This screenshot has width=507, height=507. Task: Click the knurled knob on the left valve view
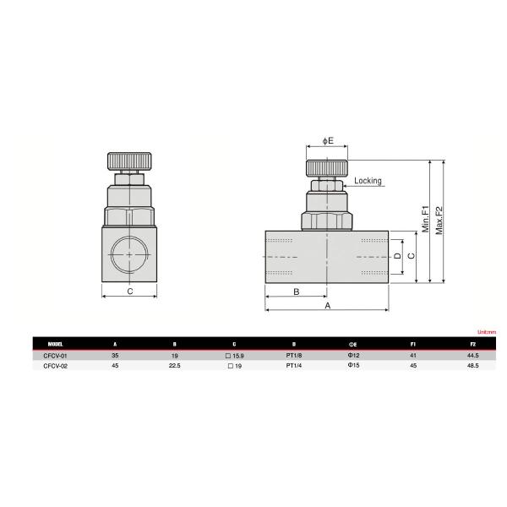click(128, 161)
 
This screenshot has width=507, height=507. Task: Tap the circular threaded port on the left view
click(128, 253)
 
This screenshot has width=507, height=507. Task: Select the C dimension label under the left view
click(129, 292)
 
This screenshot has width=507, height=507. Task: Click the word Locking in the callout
click(368, 181)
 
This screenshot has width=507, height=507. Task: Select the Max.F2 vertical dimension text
click(439, 218)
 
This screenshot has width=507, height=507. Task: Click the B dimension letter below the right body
click(296, 292)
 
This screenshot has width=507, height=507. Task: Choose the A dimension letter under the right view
click(327, 306)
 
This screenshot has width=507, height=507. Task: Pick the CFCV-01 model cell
click(54, 357)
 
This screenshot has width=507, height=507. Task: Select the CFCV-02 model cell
click(54, 367)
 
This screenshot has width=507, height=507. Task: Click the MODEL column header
click(57, 345)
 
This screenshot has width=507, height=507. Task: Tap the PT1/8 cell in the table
click(294, 357)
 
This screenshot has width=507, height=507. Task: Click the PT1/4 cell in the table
click(294, 367)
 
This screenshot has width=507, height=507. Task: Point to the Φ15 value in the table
click(354, 367)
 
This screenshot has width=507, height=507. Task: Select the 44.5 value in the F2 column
click(473, 357)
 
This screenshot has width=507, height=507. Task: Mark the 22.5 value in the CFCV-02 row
click(174, 367)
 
